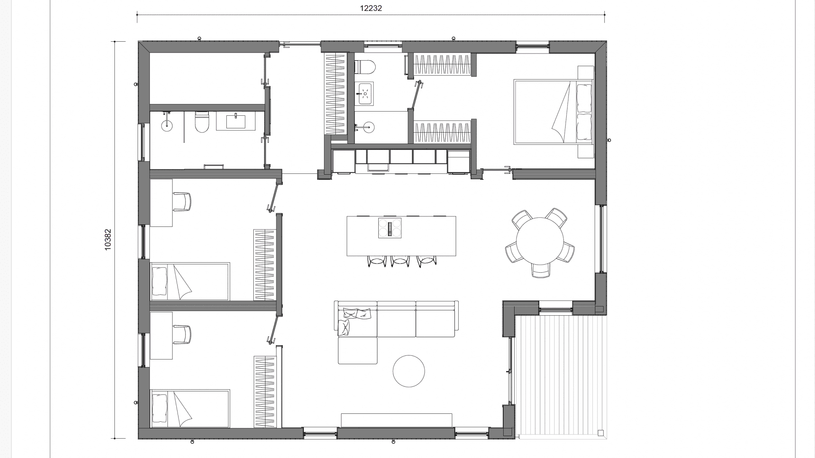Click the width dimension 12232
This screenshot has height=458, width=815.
371,8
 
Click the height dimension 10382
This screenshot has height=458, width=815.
108,240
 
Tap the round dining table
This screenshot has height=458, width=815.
540,241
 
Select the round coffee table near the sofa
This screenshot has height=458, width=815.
409,371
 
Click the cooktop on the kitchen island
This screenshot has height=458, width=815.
390,228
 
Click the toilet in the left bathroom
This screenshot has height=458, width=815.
202,122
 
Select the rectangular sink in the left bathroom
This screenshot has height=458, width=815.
236,121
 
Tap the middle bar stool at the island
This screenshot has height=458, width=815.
400,261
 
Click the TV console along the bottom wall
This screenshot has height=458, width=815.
396,420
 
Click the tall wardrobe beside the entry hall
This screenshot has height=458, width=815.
335,93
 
